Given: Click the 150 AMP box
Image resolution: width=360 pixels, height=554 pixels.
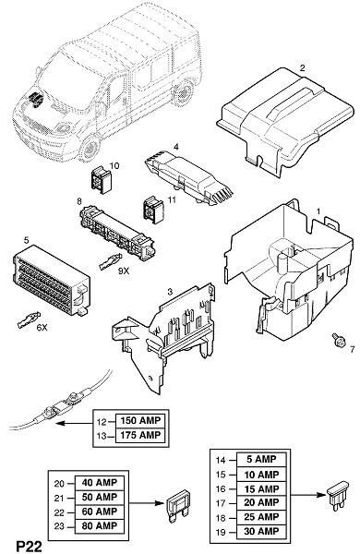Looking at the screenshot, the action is click(x=140, y=421).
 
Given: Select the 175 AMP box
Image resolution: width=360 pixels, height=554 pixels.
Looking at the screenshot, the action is click(x=140, y=435).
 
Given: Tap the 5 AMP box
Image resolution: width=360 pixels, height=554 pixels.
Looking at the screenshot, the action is click(x=261, y=460).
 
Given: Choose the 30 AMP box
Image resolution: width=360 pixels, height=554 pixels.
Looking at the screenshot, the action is click(x=261, y=532).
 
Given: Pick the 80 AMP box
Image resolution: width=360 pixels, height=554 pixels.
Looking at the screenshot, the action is click(x=100, y=525).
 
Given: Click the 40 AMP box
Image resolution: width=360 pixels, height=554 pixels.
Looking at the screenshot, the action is click(x=100, y=483).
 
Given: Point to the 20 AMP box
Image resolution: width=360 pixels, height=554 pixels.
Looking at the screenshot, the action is click(x=261, y=503).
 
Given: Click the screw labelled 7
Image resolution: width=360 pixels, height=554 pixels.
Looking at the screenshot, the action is click(x=338, y=341).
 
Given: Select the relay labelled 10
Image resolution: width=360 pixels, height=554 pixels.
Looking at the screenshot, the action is click(x=102, y=180).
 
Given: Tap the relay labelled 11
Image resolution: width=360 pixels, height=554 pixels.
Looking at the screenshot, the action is click(x=153, y=210).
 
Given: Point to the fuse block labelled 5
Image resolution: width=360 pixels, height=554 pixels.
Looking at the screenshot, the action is click(x=51, y=280).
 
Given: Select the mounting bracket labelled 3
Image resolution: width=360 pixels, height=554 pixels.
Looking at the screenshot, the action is click(x=164, y=339).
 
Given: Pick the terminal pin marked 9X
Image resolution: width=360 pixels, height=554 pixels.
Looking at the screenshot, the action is click(x=111, y=261).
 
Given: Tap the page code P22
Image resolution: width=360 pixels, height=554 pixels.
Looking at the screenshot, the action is click(x=29, y=546).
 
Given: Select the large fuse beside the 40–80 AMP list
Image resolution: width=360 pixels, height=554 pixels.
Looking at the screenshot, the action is click(x=178, y=506).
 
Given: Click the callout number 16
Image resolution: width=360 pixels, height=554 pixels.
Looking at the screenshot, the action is click(x=221, y=489).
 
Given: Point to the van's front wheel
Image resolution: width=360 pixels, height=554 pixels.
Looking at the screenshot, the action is click(x=90, y=148).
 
